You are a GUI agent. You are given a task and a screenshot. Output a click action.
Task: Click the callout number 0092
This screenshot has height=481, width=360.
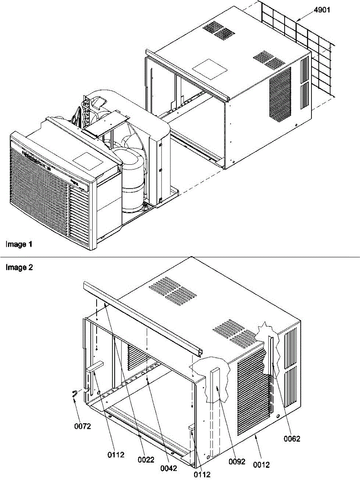coord(237,461)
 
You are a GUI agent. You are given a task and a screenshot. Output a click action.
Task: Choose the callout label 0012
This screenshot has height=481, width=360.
coord(261,465)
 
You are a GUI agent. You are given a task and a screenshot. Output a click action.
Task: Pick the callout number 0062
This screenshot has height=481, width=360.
coord(292,439)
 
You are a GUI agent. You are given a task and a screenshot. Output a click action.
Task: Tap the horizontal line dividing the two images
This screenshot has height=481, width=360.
coord(180,257)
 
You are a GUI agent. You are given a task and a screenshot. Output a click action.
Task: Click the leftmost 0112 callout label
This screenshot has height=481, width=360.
coord(116,455)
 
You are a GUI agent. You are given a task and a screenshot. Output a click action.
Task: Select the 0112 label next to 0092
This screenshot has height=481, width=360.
coord(202,475)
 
